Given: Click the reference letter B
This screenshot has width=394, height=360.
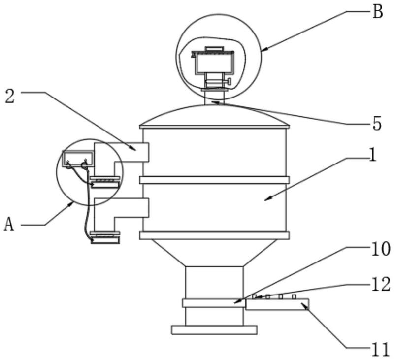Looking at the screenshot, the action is tap(377, 11).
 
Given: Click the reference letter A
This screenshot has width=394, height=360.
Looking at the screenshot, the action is tap(9, 225).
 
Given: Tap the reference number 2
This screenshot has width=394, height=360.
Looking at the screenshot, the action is tap(10, 97).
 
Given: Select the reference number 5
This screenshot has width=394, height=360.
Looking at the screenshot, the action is tap(377, 123).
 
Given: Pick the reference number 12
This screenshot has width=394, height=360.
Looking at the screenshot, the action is tap(381, 284).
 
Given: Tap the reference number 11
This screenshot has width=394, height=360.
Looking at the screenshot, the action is tap(380, 350).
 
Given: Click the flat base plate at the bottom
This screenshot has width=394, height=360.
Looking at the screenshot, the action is tap(214, 330).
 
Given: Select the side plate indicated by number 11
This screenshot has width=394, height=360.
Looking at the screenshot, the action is tap(277, 304).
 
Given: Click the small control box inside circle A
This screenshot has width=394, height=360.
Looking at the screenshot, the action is tap(78, 159).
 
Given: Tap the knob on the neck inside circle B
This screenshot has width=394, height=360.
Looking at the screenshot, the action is tap(228, 81).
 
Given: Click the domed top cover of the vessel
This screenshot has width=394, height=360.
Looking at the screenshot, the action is tap(214, 116).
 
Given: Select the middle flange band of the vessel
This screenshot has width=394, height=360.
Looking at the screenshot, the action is tap(214, 180).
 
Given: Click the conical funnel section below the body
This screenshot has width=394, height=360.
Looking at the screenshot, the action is tap(214, 253).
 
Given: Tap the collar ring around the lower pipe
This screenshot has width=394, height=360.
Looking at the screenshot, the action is tap(214, 303).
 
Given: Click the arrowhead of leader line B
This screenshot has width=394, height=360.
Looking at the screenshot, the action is tap(263, 50).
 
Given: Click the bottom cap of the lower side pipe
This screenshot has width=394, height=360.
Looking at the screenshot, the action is tap(105, 240).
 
